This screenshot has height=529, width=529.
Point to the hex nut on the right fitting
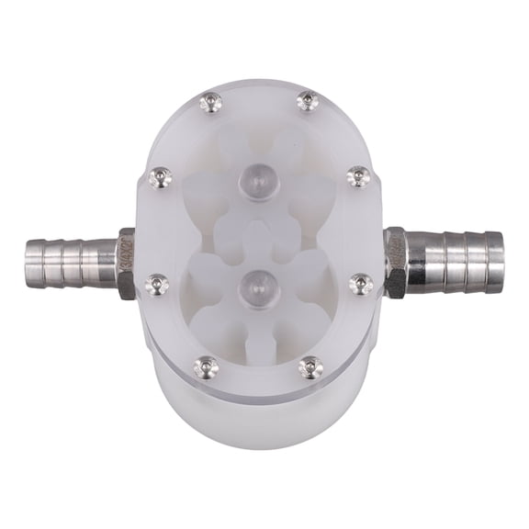396,262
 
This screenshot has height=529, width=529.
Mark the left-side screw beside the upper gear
160,177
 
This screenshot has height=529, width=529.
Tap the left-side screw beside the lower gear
158,285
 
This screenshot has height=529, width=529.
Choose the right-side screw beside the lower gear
360,285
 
